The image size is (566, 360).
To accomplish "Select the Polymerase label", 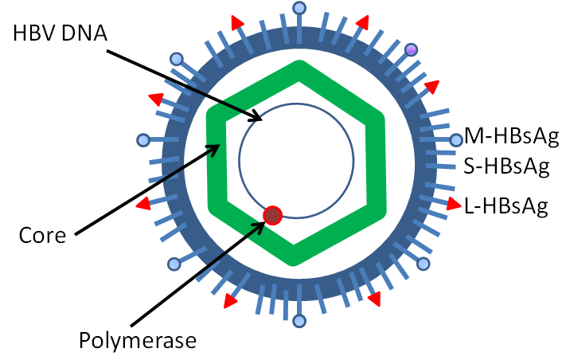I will [x=136, y=340].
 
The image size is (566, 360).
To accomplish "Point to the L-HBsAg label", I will [x=505, y=207].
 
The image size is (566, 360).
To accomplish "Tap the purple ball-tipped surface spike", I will [x=412, y=50].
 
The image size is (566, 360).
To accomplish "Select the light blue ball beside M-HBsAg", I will [x=455, y=141].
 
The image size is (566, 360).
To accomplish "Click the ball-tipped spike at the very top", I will [x=299, y=9].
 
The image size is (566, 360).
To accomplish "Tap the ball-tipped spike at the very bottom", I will [x=299, y=321].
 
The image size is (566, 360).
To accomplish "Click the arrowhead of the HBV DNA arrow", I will [x=260, y=119].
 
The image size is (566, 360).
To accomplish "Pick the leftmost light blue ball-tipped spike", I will [x=143, y=141].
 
